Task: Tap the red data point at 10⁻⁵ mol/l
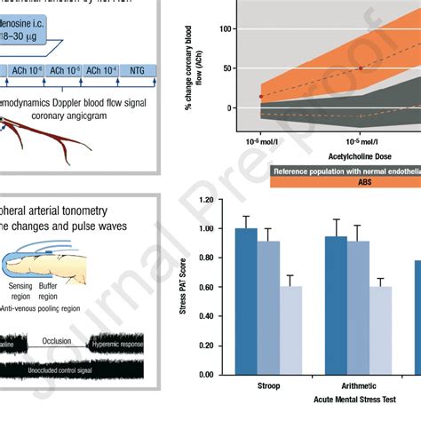click(360, 68)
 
